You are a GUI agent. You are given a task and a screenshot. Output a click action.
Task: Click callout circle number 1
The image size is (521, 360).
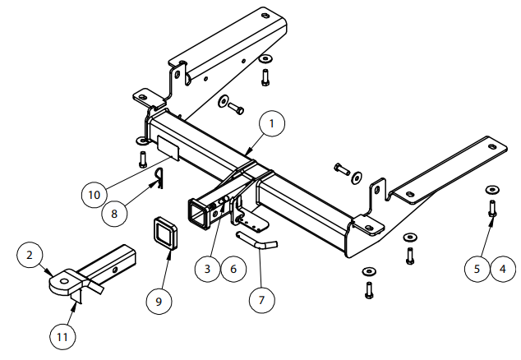273,123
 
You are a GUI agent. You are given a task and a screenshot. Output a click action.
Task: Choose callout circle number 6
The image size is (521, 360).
234,268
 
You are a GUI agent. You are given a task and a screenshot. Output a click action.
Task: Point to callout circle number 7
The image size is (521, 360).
262,300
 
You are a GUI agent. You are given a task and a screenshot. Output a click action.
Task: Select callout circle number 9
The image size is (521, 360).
159,302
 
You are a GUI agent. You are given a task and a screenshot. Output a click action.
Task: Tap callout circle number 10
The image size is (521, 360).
95,195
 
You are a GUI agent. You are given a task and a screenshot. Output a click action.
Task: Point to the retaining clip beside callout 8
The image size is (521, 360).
160,177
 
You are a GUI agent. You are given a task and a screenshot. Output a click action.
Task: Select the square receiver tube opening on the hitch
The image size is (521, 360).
200,215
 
